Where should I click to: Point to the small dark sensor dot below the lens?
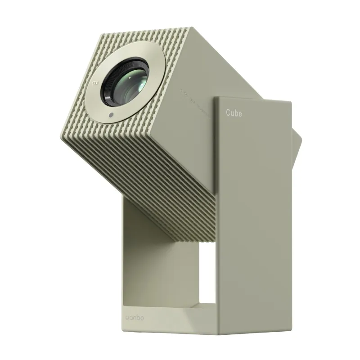pyautogui.click(x=110, y=115)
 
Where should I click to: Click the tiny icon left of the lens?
pyautogui.click(x=95, y=83)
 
